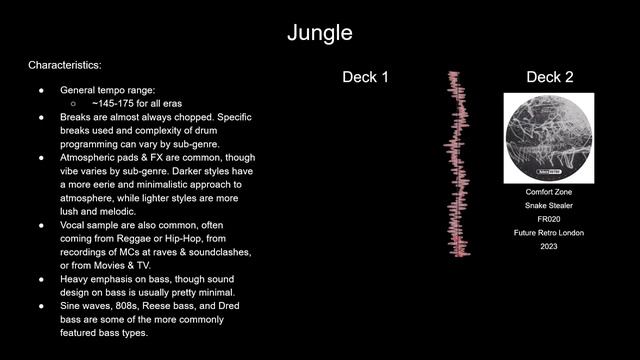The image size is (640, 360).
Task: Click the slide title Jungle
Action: (320, 32)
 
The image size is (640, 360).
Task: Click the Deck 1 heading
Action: (365, 77)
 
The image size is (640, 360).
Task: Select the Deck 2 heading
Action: (549, 77)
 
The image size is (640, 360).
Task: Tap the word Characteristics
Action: (65, 65)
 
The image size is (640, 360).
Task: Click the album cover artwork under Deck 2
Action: (548, 138)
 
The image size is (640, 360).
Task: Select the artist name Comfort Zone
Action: (548, 191)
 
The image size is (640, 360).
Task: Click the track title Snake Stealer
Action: (548, 205)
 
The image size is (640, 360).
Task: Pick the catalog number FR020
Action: (548, 219)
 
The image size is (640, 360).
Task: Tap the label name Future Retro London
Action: (548, 233)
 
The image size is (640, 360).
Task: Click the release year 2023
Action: (548, 247)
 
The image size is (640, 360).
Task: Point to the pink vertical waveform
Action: (457, 165)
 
